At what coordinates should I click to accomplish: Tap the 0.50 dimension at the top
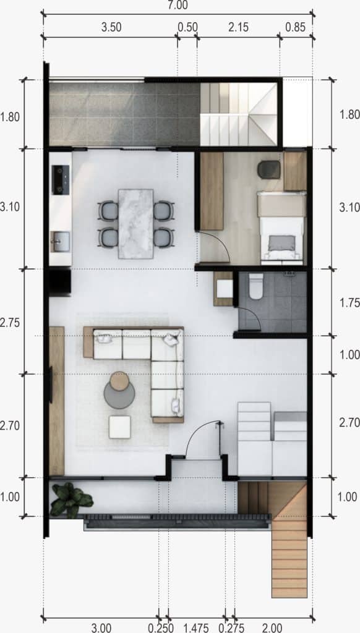[x=187, y=27]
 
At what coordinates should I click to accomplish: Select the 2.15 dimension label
[x=238, y=27]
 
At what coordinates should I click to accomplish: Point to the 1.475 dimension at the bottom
[x=196, y=628]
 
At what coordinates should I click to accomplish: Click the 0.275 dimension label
[x=231, y=628]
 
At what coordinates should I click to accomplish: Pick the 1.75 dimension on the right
[x=350, y=303]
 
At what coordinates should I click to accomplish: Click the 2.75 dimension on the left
[x=10, y=323]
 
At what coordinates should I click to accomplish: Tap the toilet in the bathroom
[x=256, y=286]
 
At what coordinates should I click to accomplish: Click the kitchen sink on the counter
[x=60, y=242]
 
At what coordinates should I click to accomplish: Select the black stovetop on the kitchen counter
[x=60, y=180]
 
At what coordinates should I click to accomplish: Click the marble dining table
[x=135, y=224]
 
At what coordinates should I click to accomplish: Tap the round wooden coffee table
[x=119, y=381]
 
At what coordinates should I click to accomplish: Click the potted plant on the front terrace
[x=71, y=500]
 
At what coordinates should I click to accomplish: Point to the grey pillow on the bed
[x=282, y=243]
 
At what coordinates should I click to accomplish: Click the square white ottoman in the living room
[x=119, y=427]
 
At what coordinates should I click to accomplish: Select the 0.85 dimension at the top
[x=295, y=27]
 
